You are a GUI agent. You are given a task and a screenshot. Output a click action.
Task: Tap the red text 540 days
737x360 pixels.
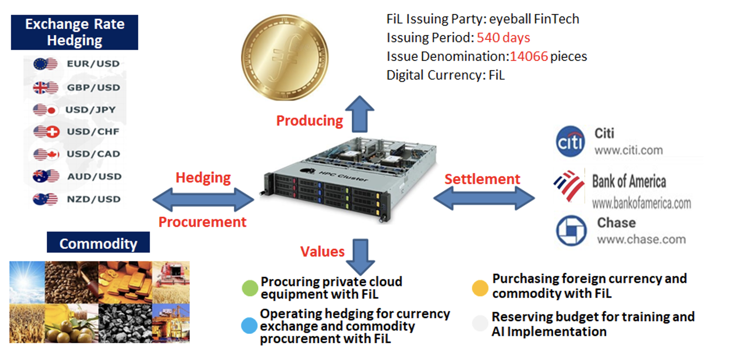503,38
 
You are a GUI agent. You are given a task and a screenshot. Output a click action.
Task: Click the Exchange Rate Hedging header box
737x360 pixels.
75,33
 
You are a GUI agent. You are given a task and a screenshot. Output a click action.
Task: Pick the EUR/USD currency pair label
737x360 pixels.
93,64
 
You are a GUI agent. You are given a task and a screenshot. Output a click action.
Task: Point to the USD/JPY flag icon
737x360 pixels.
45,110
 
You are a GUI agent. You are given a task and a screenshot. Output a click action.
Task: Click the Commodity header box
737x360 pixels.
98,243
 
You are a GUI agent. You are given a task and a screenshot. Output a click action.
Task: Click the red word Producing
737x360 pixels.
309,121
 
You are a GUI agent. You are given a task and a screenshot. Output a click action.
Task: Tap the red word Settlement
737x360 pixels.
482,179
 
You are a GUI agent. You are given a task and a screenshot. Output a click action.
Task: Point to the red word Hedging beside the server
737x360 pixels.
203,177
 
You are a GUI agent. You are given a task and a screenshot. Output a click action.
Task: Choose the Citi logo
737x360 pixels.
570,141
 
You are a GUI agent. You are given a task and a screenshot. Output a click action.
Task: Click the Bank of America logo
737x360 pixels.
569,185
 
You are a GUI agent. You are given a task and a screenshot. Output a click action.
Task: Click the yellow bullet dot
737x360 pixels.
480,288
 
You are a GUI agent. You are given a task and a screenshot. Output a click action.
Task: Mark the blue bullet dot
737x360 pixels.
249,326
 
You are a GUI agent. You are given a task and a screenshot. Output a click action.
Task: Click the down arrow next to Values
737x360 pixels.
364,256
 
